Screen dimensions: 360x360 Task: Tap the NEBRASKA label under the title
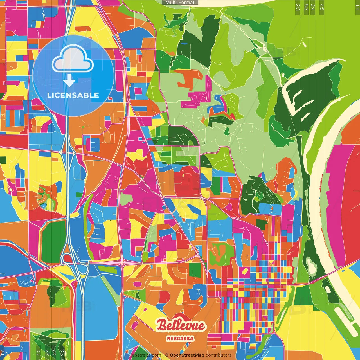pyautogui.click(x=180, y=339)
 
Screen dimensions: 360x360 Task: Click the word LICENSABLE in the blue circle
pyautogui.click(x=73, y=95)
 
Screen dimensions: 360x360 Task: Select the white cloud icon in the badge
pyautogui.click(x=73, y=60)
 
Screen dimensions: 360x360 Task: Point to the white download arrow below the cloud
pyautogui.click(x=69, y=81)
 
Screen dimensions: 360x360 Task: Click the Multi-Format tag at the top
pyautogui.click(x=180, y=3)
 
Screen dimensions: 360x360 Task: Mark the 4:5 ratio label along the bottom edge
pyautogui.click(x=38, y=353)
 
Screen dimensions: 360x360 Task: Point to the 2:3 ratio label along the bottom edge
pyautogui.click(x=62, y=353)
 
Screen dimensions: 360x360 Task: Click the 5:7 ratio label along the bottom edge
pyautogui.click(x=54, y=353)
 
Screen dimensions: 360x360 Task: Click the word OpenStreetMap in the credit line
pyautogui.click(x=187, y=355)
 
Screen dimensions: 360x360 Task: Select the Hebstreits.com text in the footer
pyautogui.click(x=145, y=355)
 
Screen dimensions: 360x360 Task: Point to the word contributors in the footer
pyautogui.click(x=219, y=355)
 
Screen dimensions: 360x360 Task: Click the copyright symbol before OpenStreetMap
pyautogui.click(x=167, y=355)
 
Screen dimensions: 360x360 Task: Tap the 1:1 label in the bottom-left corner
pyautogui.click(x=3, y=353)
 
